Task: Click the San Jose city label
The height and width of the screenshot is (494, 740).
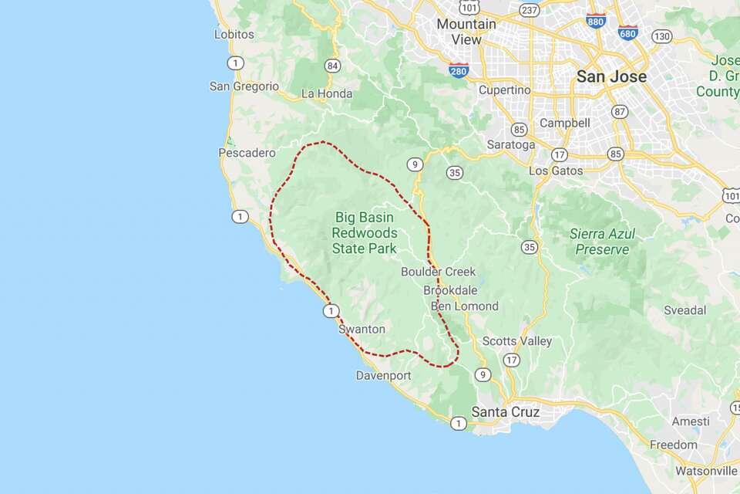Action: coord(611,76)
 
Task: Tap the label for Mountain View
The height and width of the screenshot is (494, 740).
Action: coord(466,31)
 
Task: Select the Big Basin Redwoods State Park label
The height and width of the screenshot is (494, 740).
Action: coord(365,232)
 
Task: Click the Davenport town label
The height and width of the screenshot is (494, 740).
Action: coord(383,376)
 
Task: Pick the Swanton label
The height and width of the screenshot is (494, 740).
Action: coord(362,329)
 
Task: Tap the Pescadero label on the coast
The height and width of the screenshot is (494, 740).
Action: coord(247,153)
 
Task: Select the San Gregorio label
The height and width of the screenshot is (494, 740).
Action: coord(244,86)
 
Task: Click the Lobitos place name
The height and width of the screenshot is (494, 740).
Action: coord(234,34)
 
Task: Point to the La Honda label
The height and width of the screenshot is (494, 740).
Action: coord(327,93)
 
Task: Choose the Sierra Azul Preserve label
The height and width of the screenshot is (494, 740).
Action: coord(600,241)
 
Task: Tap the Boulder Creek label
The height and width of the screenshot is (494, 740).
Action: coord(438,272)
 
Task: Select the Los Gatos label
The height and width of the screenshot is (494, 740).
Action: coord(556,170)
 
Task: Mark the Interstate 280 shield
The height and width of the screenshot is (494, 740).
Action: coord(459,70)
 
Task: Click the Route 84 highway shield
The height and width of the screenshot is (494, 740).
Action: coord(332,65)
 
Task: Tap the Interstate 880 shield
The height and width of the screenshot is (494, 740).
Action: coord(595,20)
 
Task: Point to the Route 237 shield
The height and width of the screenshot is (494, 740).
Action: coord(529,9)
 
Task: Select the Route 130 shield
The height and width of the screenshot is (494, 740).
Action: coord(661,36)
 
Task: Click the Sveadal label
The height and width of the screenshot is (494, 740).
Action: coord(685,310)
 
